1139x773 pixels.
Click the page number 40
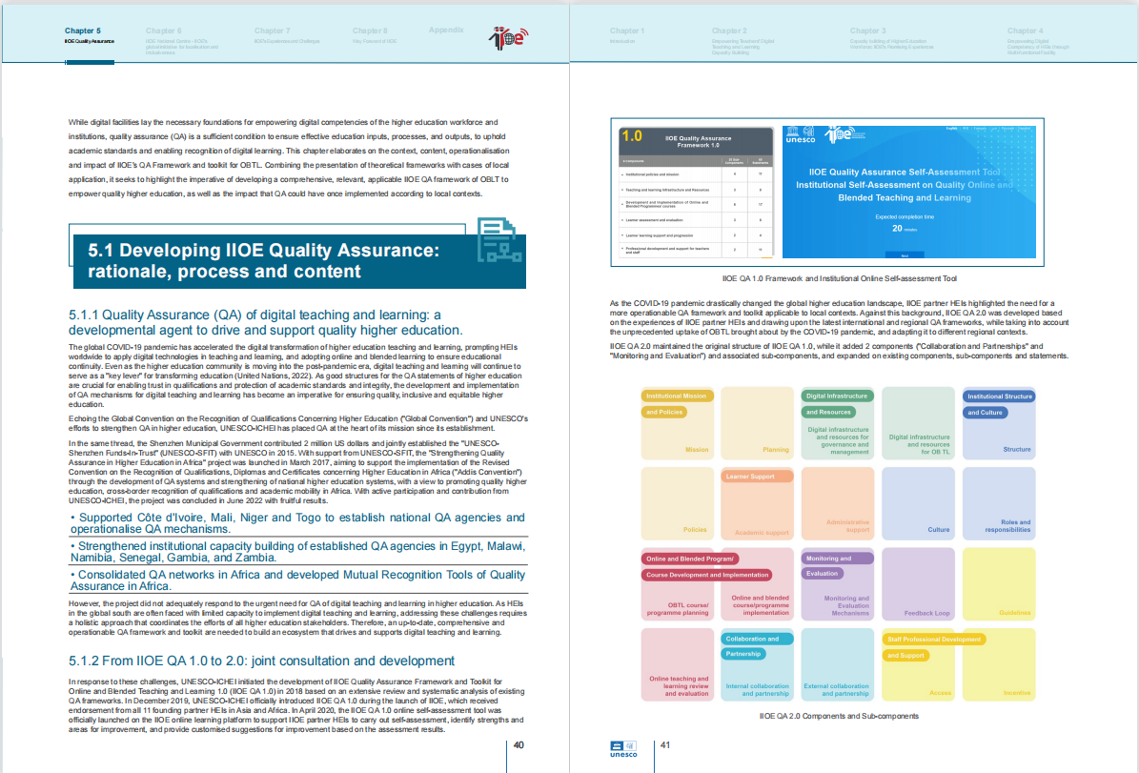point(519,744)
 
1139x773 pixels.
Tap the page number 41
point(666,744)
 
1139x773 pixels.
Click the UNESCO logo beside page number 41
point(622,747)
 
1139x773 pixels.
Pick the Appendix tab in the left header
point(446,31)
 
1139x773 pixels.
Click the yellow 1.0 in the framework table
point(631,136)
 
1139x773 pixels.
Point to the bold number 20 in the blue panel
point(897,229)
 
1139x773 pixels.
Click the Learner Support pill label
point(750,476)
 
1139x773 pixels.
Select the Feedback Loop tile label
point(926,613)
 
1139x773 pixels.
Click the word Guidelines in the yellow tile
point(1014,613)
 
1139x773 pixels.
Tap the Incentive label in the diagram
point(1017,693)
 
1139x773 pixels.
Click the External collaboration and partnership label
point(836,689)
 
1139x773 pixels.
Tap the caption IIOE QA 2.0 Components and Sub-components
point(838,715)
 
